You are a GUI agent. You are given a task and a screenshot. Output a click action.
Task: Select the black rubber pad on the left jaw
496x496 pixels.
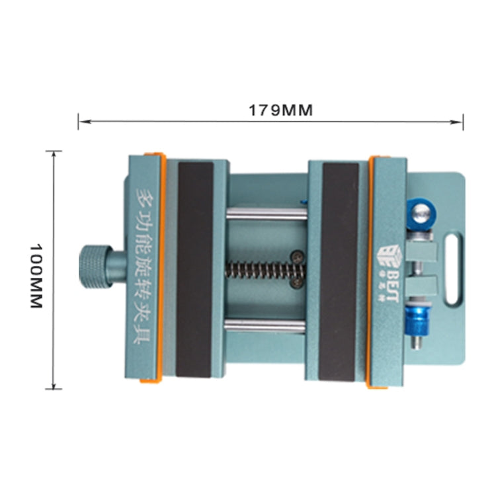pos(195,269)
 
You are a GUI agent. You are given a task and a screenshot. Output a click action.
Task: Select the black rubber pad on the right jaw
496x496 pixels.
pos(339,271)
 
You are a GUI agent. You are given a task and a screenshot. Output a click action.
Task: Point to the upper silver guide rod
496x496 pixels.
pos(267,214)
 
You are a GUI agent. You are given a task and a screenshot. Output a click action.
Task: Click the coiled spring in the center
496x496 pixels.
pos(262,269)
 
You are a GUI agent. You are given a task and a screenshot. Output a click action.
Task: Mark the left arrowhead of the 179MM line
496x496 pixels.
pos(81,121)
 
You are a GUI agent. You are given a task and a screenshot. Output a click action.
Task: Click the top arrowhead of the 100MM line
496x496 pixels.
pos(55,153)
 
